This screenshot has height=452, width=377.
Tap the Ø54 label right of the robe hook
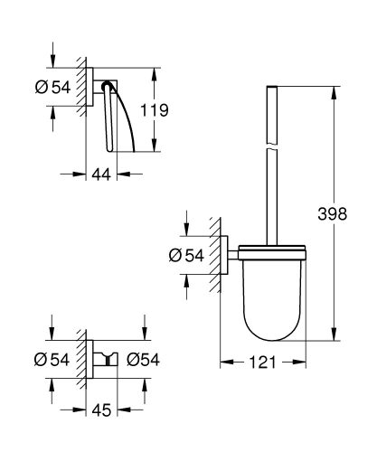[x=143, y=360]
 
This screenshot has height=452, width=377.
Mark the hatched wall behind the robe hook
[x=86, y=359]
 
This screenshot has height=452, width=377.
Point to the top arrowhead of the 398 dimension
[x=335, y=90]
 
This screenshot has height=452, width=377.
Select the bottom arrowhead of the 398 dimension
[x=335, y=337]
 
